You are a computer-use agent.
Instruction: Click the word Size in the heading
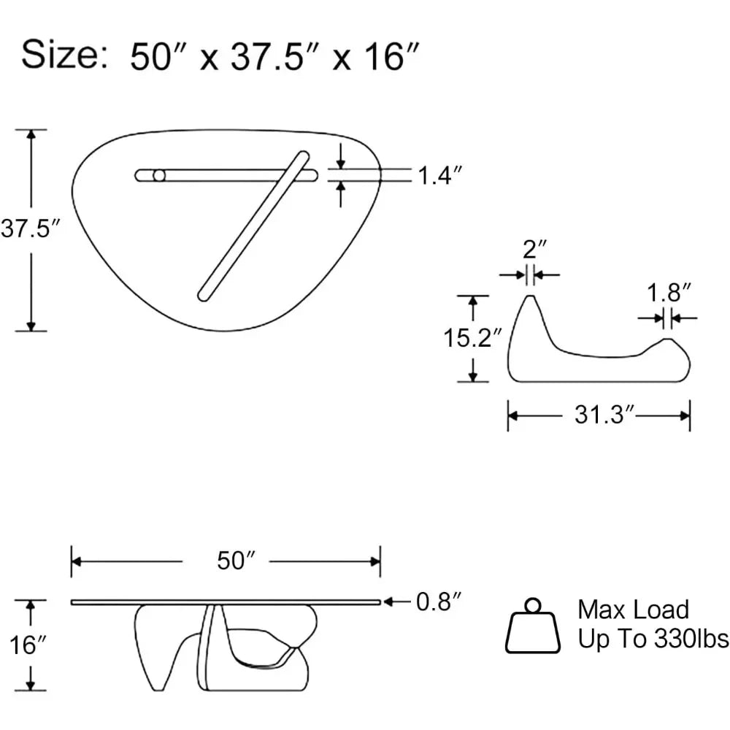tap(59, 55)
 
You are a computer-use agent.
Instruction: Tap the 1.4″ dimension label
tap(440, 175)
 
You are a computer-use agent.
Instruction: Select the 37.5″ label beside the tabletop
tap(31, 228)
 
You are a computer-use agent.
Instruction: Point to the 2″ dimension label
tap(534, 250)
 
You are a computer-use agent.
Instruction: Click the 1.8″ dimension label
tap(669, 293)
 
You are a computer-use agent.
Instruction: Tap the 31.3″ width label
tap(604, 415)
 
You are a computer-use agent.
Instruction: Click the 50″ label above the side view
tap(236, 561)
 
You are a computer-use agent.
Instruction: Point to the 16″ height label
tap(28, 645)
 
